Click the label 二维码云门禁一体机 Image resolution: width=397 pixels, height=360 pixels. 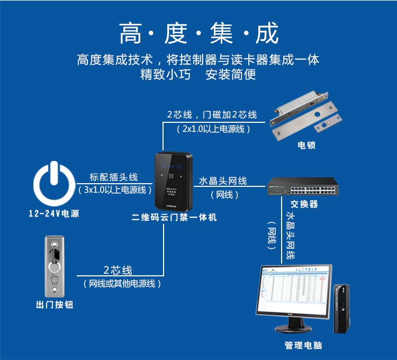coord(174,218)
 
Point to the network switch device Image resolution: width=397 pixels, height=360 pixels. coord(303,186)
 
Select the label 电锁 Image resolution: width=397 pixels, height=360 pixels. coord(306,146)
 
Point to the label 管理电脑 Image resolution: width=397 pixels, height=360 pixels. coord(303,345)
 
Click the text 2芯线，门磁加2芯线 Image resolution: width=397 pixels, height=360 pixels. coord(212,114)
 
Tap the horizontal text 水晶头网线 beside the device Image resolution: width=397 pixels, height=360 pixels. coord(223,181)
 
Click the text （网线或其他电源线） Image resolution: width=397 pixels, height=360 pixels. coord(121,284)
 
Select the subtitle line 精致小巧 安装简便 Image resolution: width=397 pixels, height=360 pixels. coord(198,75)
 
